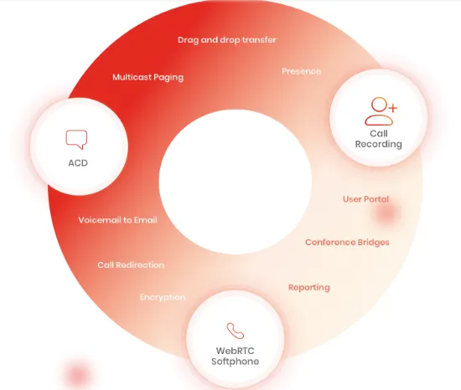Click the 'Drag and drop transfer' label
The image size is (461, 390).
[226, 40]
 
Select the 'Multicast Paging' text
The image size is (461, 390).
[148, 78]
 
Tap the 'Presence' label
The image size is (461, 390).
[301, 71]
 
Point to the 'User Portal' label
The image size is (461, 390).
[365, 199]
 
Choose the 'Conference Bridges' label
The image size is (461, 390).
[347, 243]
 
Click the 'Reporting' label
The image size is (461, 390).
[309, 288]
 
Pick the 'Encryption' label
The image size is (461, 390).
[163, 298]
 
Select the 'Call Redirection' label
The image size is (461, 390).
[131, 265]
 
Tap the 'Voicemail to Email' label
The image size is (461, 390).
[117, 220]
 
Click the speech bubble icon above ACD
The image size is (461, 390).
[76, 139]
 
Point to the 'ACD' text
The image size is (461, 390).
[78, 163]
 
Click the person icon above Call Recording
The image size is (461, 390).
[379, 111]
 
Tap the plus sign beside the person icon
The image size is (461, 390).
[393, 108]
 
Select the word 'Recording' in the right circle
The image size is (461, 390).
[378, 145]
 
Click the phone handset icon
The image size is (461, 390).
[236, 331]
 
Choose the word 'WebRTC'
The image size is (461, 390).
[235, 351]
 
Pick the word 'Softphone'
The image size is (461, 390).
[236, 362]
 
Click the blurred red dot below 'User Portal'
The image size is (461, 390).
[386, 213]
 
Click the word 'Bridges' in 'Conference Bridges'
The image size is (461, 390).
[373, 243]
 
